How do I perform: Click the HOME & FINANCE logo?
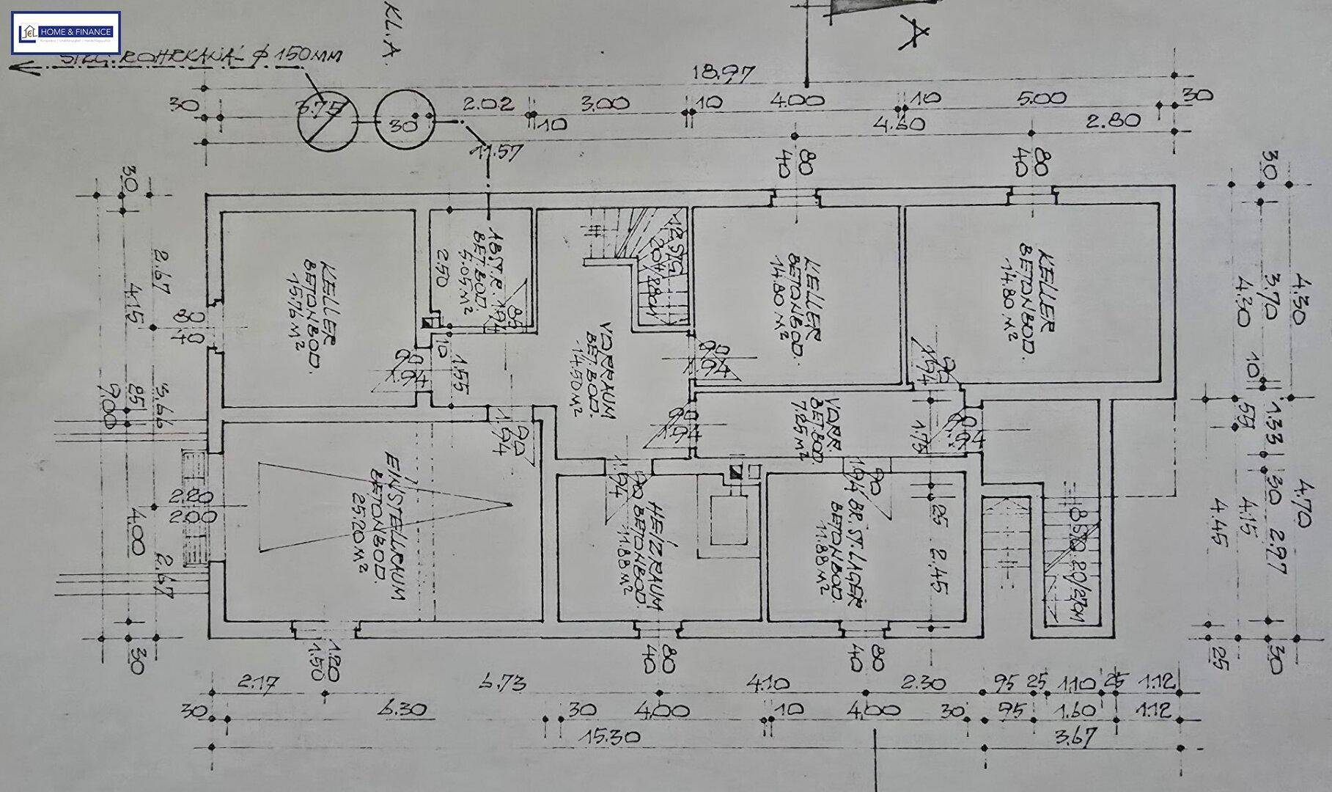click(66, 32)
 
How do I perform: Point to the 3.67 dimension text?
click(1072, 736)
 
